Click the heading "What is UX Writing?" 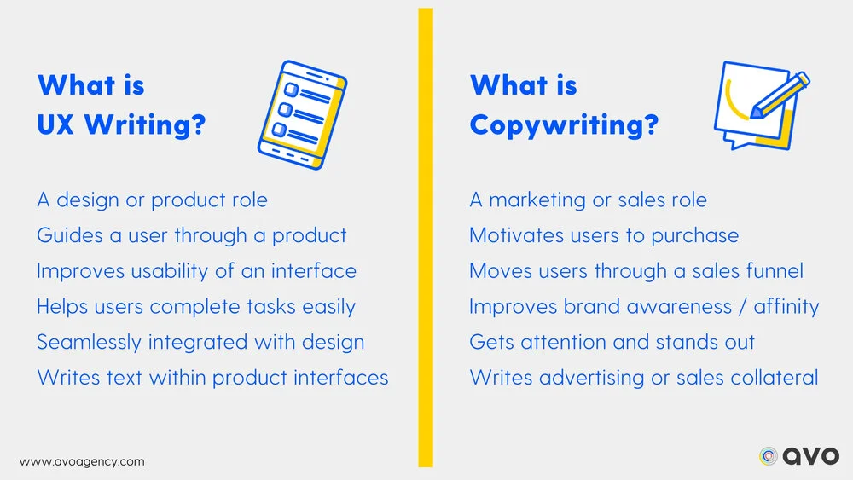point(121,106)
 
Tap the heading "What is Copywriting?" point(564,106)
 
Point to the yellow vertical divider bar point(426,238)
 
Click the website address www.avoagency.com point(82,461)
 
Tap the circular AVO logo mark point(769,456)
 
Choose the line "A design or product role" point(152,200)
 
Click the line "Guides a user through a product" point(191,235)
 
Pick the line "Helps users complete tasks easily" point(195,306)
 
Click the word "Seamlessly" point(89,342)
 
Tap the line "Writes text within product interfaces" point(212,377)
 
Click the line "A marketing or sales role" point(588,200)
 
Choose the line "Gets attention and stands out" point(612,342)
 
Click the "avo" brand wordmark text point(811,456)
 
